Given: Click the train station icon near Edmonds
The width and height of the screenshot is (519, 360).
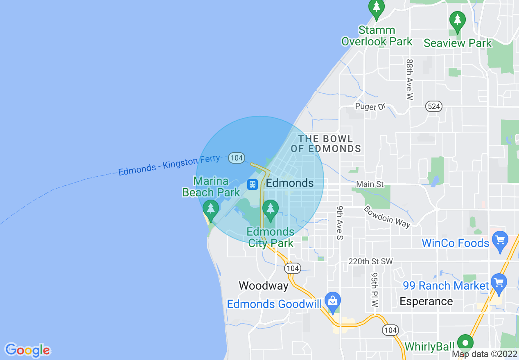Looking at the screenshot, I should [253, 184].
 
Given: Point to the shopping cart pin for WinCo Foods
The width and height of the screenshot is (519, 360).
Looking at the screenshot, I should [500, 241].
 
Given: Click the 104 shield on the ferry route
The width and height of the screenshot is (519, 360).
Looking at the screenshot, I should [237, 157].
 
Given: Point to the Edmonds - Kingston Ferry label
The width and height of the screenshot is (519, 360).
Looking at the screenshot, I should [169, 165].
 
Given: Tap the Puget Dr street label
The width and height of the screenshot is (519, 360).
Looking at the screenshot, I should [370, 107].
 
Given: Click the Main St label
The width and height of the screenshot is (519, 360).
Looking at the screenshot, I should [370, 184].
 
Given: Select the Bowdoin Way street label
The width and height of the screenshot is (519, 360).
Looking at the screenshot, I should [387, 216].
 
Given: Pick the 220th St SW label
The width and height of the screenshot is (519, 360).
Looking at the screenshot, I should [370, 261].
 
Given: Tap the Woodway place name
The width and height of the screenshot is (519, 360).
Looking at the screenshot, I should [264, 286].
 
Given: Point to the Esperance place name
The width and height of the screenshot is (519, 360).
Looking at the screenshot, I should [426, 301].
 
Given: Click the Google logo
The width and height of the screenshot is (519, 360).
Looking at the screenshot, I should [28, 350].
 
